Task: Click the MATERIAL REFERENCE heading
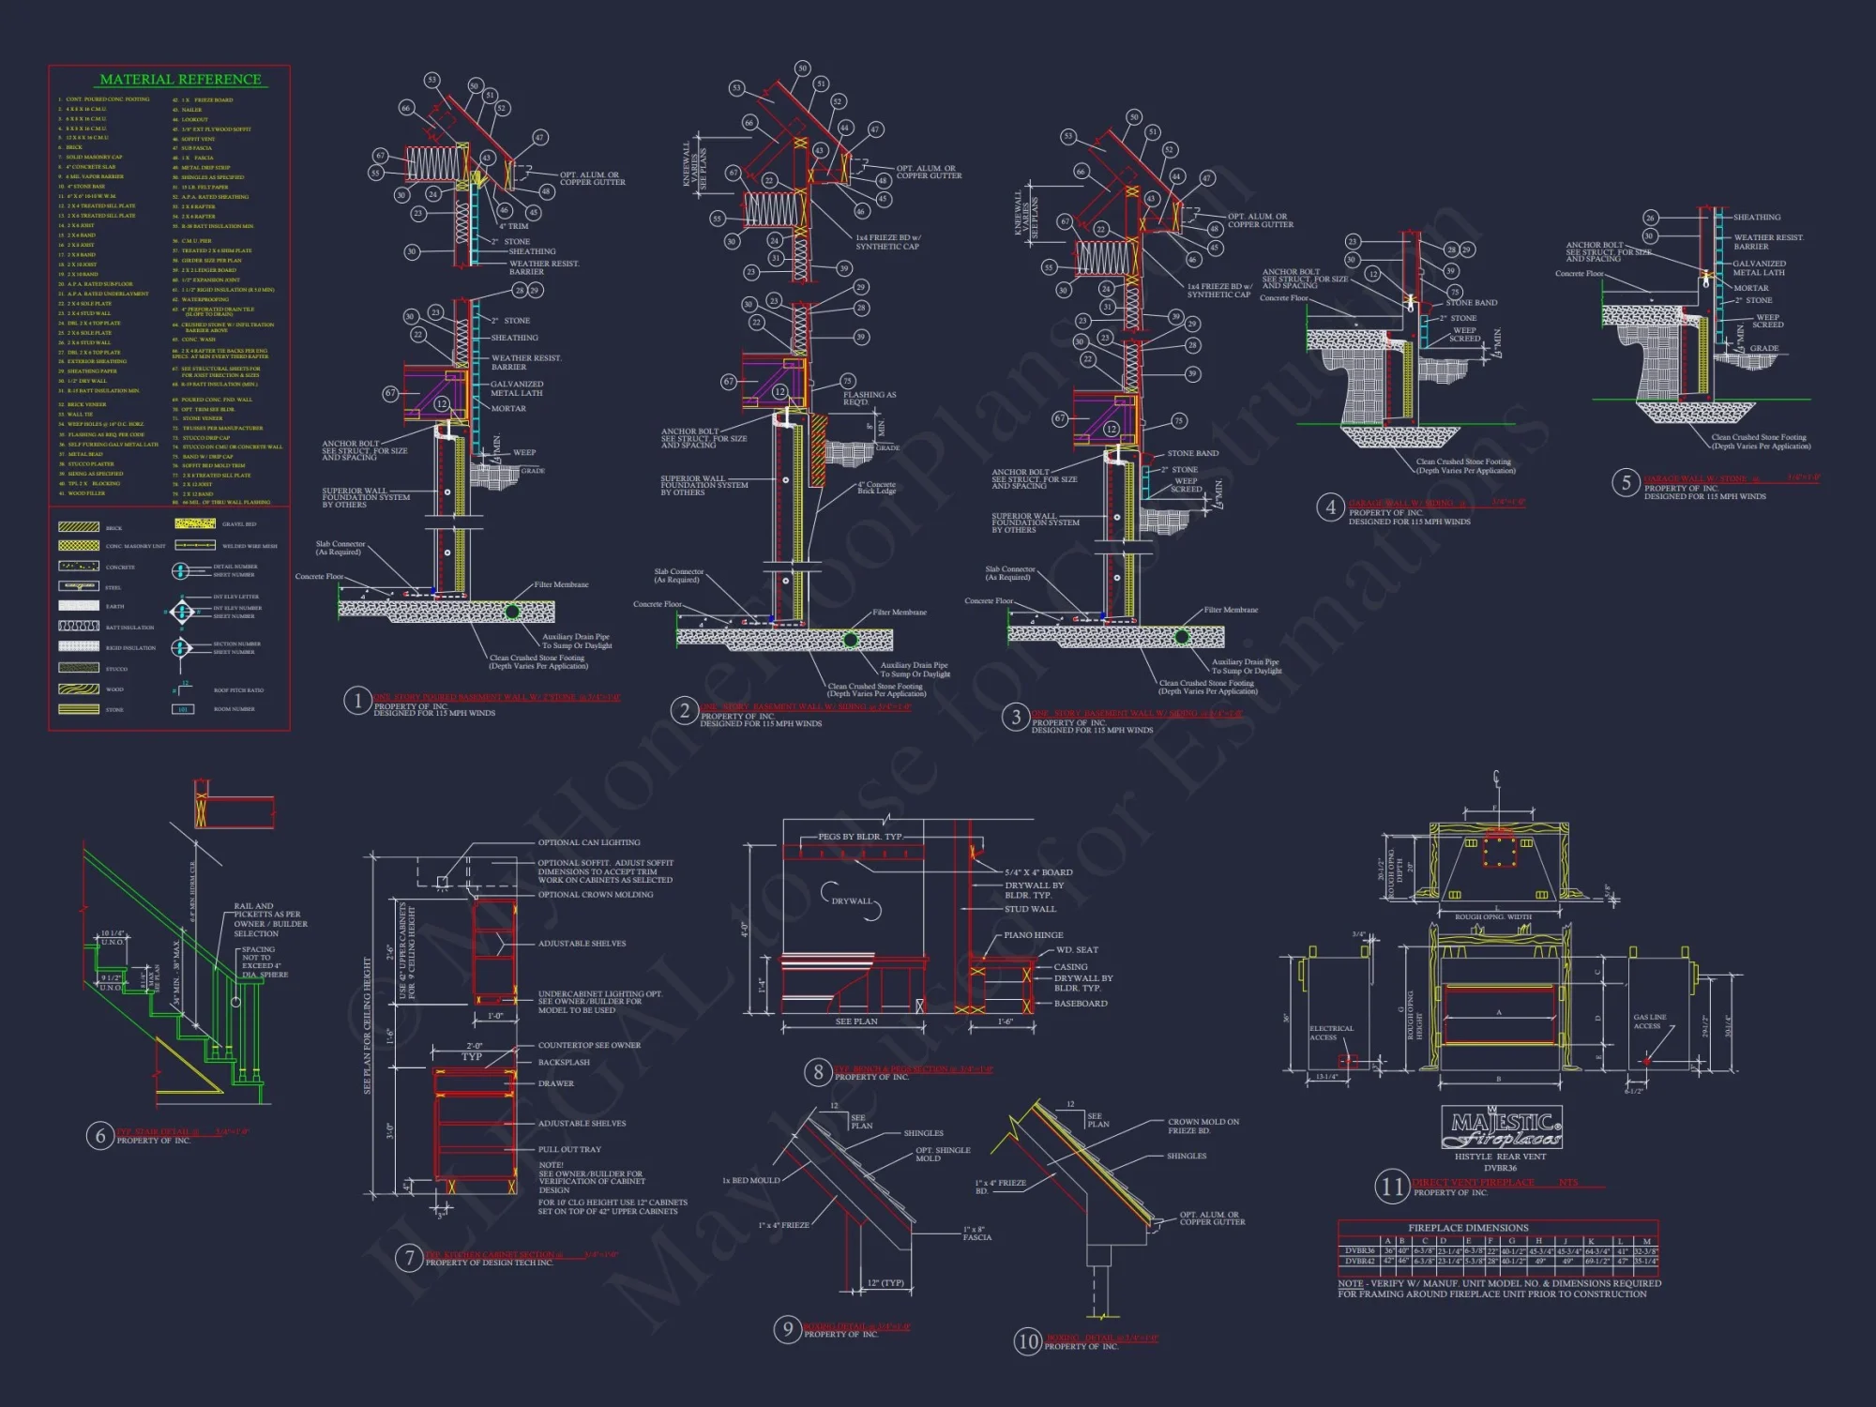point(180,80)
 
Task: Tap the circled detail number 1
point(356,701)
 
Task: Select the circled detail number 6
point(100,1136)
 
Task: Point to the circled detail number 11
point(1392,1188)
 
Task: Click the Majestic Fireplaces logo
point(1501,1128)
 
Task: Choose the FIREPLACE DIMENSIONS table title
point(1468,1228)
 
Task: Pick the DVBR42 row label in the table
point(1359,1262)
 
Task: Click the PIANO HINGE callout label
point(1034,935)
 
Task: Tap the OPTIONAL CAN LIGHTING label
point(589,842)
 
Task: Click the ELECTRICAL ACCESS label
point(1331,1033)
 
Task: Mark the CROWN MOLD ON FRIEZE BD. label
point(1203,1126)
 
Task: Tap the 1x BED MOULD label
point(750,1180)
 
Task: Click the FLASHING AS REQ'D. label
point(870,399)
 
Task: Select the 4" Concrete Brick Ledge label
point(876,488)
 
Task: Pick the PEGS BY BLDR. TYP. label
point(859,837)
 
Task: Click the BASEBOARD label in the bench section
point(1081,1004)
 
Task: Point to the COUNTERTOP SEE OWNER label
point(589,1045)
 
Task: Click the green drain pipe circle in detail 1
point(512,613)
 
